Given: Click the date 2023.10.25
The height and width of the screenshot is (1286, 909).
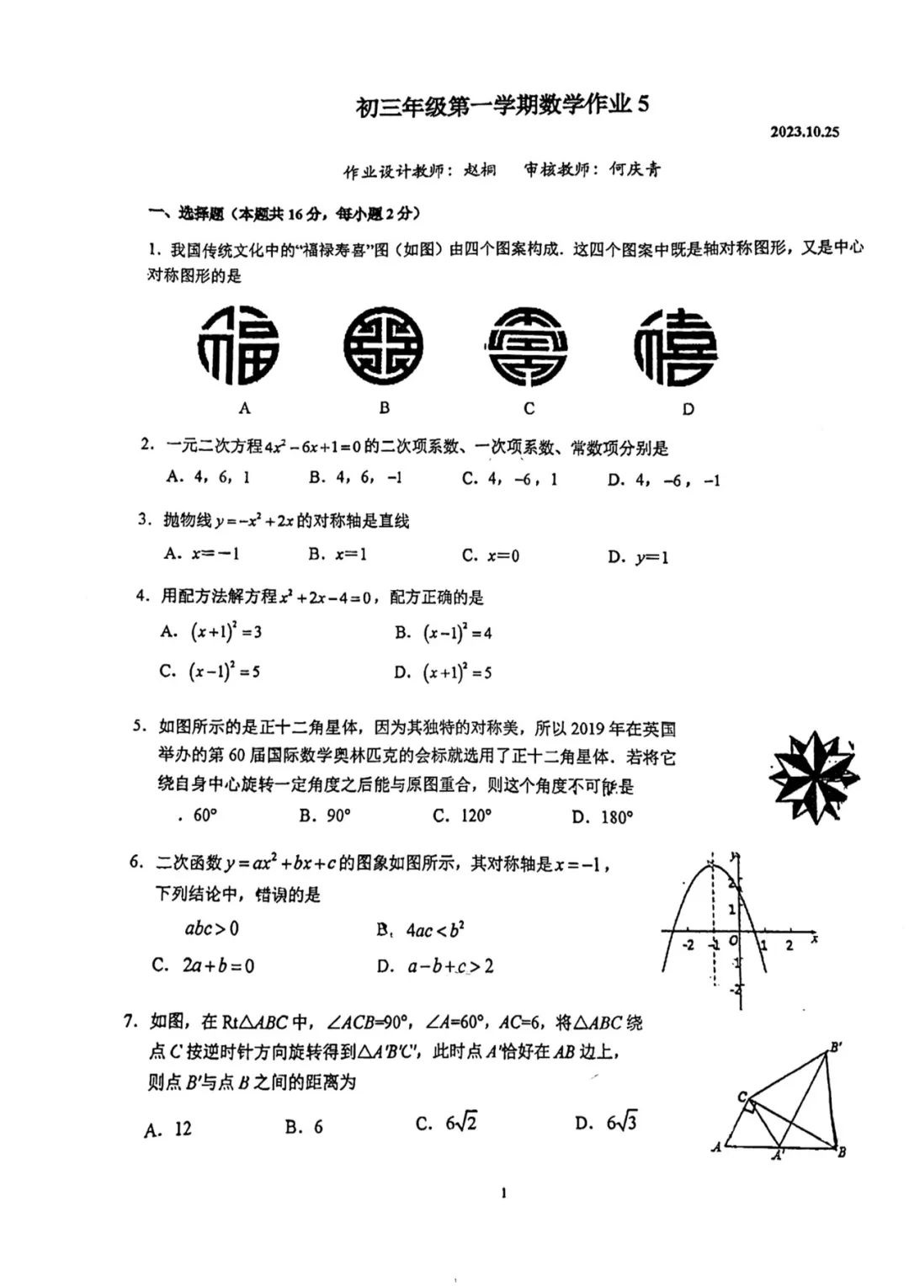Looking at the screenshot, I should (x=804, y=132).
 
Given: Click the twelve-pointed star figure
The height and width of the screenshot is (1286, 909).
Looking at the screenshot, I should (x=813, y=777).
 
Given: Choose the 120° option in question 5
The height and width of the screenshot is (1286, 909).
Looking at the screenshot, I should (x=462, y=816).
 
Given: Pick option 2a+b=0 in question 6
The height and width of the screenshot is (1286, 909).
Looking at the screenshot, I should (x=204, y=965).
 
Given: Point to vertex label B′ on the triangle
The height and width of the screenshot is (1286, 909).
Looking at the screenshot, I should (x=836, y=1048).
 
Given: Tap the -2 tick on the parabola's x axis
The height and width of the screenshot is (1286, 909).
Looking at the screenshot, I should (x=688, y=945).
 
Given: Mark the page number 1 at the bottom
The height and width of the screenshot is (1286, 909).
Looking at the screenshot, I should (x=503, y=1193).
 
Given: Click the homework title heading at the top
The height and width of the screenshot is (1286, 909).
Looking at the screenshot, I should (x=502, y=106).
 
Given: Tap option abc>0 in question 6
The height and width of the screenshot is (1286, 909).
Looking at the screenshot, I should (x=211, y=929).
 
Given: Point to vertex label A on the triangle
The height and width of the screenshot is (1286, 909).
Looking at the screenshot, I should (x=716, y=1146).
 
